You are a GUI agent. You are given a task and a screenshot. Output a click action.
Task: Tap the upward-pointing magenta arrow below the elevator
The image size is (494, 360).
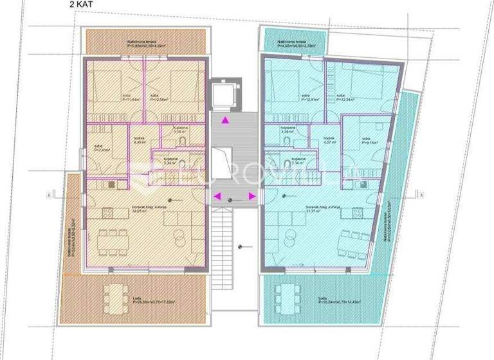click(224, 120)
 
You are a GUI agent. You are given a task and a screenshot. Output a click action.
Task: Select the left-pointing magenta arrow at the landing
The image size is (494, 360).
click(217, 196)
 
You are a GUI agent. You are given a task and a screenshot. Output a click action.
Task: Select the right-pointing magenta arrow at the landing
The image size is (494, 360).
click(252, 196)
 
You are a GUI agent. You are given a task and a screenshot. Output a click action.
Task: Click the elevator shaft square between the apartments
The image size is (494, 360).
click(225, 94)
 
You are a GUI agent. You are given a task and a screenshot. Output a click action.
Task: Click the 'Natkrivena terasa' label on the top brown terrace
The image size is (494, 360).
click(138, 42)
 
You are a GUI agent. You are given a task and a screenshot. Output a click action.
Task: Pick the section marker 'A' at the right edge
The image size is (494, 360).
click(425, 193)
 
